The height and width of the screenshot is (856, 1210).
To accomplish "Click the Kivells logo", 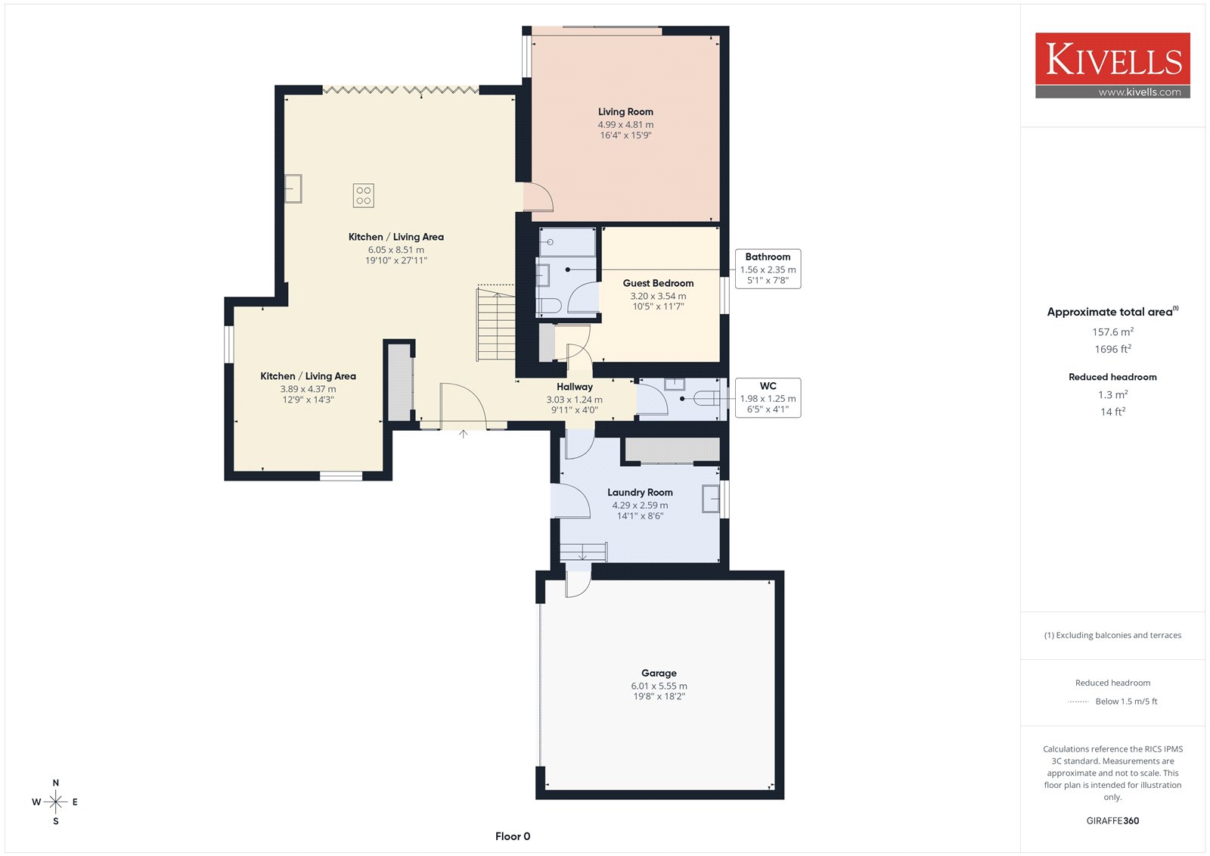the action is click(x=1112, y=65).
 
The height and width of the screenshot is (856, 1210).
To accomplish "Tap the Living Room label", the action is click(x=625, y=112).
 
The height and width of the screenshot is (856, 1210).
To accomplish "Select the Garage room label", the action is click(x=659, y=673).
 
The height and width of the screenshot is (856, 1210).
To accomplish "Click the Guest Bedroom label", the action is click(x=658, y=283).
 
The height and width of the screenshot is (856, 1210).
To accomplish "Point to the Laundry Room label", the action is click(x=640, y=492).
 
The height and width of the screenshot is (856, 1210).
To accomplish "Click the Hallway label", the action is click(x=574, y=387).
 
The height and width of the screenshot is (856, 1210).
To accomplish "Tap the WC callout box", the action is click(x=768, y=397).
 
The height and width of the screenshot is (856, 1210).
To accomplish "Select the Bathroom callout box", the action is click(x=768, y=269).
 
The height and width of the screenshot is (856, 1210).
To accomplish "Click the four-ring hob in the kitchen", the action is click(x=364, y=196).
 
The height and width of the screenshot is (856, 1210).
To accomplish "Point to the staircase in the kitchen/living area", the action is click(x=495, y=325).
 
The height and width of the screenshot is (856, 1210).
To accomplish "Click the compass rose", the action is click(x=56, y=802).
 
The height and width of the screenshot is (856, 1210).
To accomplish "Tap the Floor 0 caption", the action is click(x=513, y=836).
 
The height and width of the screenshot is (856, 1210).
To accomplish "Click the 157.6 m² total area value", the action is click(x=1112, y=332).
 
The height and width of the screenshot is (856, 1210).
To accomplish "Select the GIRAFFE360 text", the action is click(x=1112, y=820).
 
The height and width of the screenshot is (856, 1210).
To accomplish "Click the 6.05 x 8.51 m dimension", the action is click(x=396, y=250).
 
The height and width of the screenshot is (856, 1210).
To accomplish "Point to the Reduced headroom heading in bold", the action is click(x=1112, y=377).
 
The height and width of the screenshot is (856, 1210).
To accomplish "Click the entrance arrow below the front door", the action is click(x=463, y=434).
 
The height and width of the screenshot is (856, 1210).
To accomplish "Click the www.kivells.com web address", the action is click(x=1139, y=92).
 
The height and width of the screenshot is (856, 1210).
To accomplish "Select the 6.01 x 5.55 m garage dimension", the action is click(x=659, y=686).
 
